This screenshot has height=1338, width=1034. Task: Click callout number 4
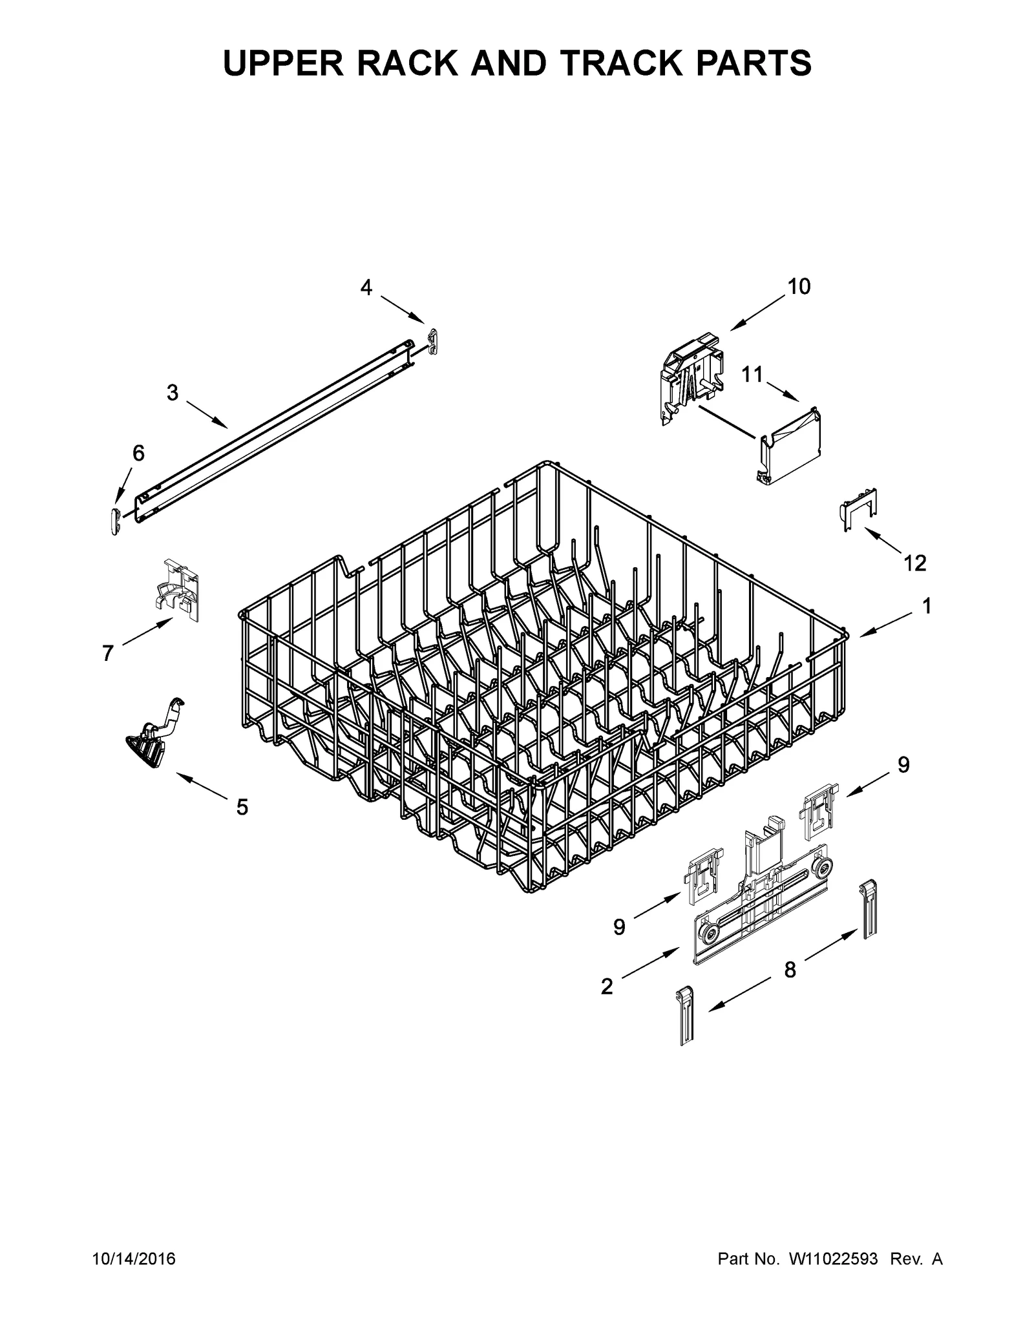[366, 287]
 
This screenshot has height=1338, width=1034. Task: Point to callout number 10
[799, 286]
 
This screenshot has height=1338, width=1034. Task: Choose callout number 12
[915, 563]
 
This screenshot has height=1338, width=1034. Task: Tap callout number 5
[242, 807]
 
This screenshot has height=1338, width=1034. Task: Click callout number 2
[606, 987]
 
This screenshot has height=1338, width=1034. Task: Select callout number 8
[790, 969]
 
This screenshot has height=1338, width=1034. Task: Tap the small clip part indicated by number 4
[434, 341]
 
